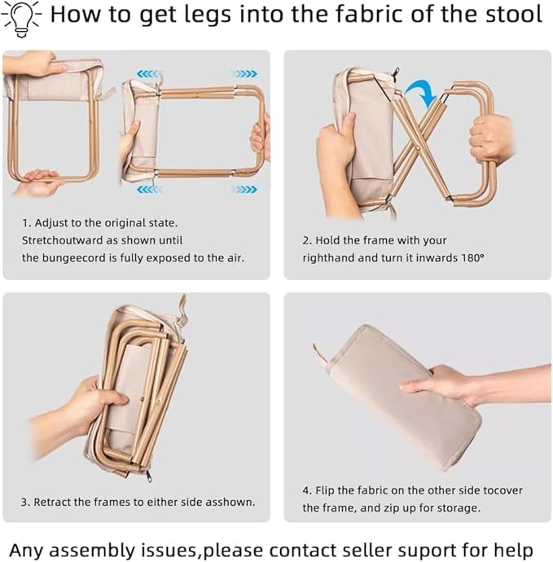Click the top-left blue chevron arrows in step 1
(149, 74)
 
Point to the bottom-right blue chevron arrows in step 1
(245, 189)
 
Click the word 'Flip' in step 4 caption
(325, 490)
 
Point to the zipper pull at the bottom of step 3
(148, 476)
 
